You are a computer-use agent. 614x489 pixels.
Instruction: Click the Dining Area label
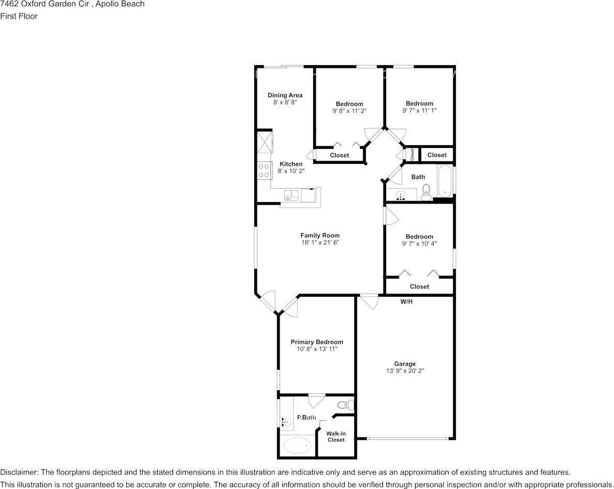point(285,95)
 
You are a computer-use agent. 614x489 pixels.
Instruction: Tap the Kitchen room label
point(291,164)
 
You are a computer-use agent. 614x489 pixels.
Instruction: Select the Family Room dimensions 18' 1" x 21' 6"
point(320,242)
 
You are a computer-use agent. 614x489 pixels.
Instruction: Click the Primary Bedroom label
point(317,342)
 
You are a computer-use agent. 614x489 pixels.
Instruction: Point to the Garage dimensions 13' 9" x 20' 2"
point(405,371)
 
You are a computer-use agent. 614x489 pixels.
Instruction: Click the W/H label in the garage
point(406,301)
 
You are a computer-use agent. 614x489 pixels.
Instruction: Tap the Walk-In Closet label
point(336,437)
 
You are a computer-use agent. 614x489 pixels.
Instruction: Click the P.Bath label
point(306,417)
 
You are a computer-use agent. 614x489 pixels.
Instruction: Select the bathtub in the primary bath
point(298,446)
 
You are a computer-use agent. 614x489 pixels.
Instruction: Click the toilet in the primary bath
point(345,405)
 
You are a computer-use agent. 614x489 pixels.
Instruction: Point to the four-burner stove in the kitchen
point(264,170)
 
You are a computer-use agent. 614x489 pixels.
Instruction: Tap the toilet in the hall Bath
point(426,192)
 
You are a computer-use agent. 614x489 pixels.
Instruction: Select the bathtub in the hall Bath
point(445,181)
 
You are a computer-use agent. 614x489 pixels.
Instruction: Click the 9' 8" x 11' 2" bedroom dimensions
point(349,111)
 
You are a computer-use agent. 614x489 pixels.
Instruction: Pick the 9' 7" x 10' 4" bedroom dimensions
point(419,243)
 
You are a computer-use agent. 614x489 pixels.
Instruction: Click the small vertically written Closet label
point(412,154)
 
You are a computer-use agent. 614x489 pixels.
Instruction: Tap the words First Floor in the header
point(19,16)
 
